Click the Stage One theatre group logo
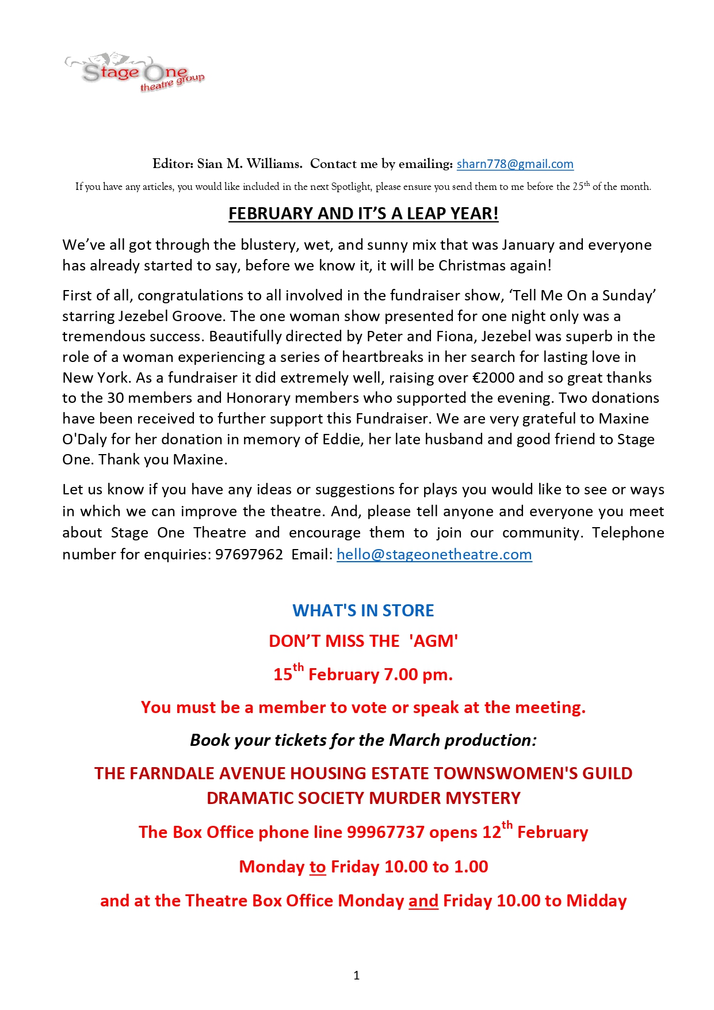click(x=135, y=73)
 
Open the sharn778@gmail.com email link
click(x=515, y=164)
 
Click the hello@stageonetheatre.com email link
click(x=434, y=554)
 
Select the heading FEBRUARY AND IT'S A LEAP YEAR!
click(x=363, y=214)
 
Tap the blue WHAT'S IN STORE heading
click(x=363, y=610)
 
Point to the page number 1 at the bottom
click(x=357, y=975)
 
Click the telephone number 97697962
click(x=249, y=554)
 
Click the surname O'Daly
click(x=85, y=439)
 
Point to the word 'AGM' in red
click(x=434, y=641)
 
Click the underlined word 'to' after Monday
click(x=318, y=867)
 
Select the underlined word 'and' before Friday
click(x=423, y=901)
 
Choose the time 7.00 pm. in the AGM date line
click(x=418, y=674)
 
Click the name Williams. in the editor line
click(x=274, y=164)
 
